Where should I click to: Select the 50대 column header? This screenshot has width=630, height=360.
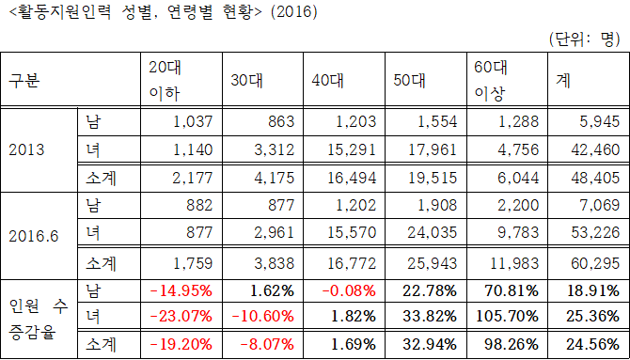411,81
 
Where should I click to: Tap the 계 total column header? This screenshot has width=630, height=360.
564,81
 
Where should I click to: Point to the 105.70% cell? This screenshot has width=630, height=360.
510,317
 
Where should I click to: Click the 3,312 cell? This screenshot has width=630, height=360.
276,149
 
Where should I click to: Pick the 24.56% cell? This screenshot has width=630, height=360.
593,344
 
